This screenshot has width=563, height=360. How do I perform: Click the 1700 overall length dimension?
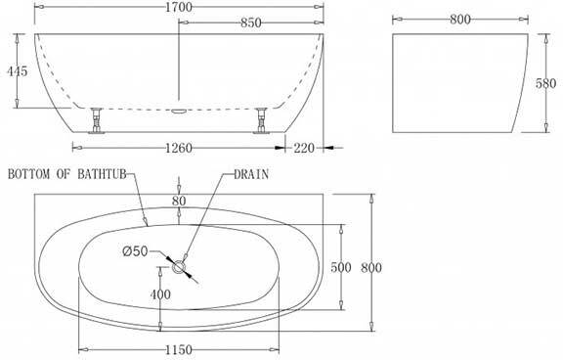[179, 7]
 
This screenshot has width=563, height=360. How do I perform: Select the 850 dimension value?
[251, 22]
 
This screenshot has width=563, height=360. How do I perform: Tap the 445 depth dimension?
[17, 71]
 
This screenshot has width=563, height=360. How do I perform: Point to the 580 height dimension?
[545, 83]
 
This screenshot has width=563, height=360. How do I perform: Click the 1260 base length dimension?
[179, 148]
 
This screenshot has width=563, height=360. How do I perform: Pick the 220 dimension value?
[304, 148]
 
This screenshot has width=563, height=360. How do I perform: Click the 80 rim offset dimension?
[179, 201]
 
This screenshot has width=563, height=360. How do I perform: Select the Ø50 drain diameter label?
[135, 251]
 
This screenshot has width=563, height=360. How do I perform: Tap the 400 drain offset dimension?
[160, 294]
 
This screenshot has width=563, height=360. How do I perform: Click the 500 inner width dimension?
[341, 267]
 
